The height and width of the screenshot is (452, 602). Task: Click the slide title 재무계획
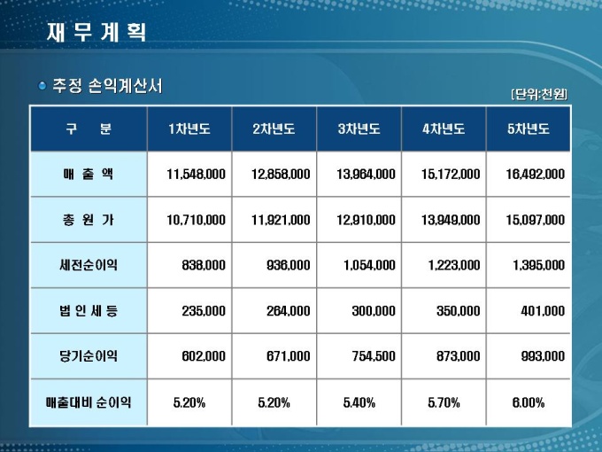pyautogui.click(x=96, y=32)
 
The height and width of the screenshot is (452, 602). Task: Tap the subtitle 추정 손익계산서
pyautogui.click(x=107, y=86)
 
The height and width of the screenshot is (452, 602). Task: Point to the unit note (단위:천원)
pyautogui.click(x=538, y=94)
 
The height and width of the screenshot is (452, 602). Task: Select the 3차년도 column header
pyautogui.click(x=359, y=129)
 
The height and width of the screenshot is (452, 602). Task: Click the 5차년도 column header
pyautogui.click(x=529, y=129)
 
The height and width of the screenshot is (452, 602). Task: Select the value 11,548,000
pyautogui.click(x=196, y=175)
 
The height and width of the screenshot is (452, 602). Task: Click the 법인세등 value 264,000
pyautogui.click(x=288, y=311)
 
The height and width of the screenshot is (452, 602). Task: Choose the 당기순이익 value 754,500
pyautogui.click(x=372, y=356)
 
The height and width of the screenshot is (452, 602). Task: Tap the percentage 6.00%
pyautogui.click(x=529, y=402)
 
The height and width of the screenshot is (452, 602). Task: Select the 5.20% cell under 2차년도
pyautogui.click(x=274, y=402)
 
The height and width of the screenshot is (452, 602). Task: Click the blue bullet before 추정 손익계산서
pyautogui.click(x=42, y=86)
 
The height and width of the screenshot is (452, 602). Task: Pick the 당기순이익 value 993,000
pyautogui.click(x=543, y=356)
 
